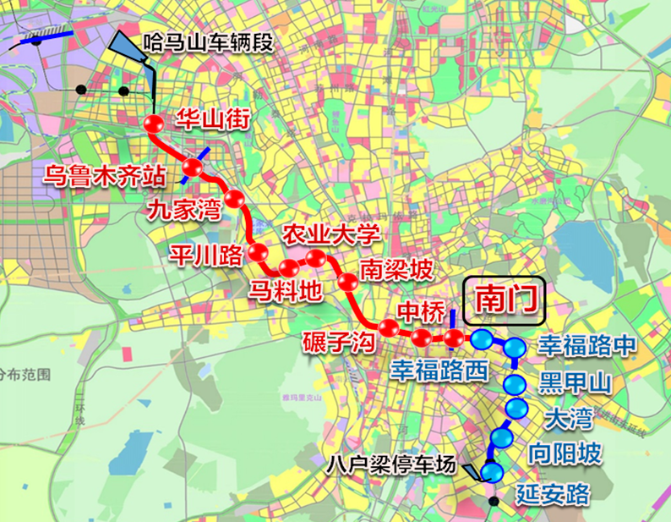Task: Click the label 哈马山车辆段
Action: tap(208, 41)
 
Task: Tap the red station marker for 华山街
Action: tap(155, 125)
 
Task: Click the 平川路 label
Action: tap(206, 254)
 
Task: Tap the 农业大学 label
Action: tap(330, 234)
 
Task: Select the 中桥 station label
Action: tap(420, 311)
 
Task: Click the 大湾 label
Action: tap(569, 417)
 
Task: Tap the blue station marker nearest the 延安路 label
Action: tap(492, 470)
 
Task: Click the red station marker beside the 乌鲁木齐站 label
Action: tap(194, 167)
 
